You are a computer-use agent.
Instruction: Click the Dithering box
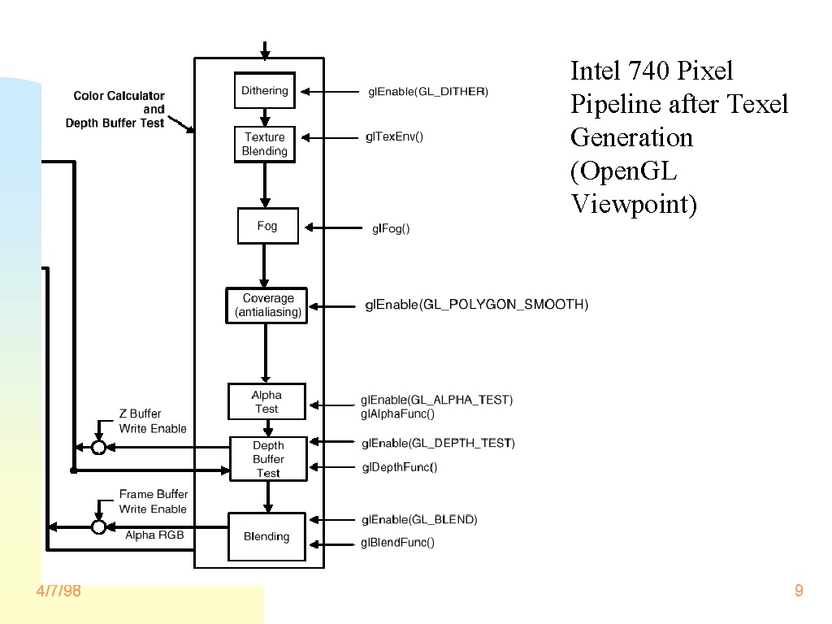265,91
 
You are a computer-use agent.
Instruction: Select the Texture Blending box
265,144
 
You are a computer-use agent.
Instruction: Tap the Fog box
267,226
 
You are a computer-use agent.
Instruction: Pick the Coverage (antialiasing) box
266,305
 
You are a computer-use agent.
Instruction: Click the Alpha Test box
266,401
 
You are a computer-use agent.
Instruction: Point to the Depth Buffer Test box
268,459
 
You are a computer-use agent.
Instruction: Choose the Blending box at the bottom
266,536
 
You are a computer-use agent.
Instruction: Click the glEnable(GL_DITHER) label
427,92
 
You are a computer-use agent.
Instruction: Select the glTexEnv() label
394,136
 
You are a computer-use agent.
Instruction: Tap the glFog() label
391,228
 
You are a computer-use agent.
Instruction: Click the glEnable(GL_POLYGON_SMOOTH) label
476,305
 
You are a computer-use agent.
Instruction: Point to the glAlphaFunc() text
397,414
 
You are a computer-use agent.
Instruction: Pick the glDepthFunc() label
399,467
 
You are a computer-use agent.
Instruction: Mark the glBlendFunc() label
397,543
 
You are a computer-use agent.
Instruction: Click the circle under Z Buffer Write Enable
99,447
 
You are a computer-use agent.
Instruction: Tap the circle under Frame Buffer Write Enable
99,526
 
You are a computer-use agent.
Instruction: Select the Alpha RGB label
154,535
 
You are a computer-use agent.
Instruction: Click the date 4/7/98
58,591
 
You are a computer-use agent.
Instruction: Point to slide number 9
799,591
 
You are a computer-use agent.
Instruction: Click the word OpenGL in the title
630,171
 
